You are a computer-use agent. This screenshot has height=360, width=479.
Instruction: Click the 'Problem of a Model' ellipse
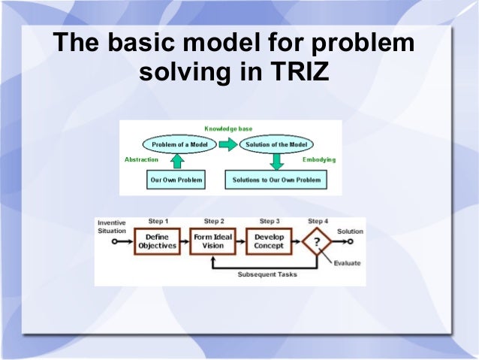click(x=176, y=144)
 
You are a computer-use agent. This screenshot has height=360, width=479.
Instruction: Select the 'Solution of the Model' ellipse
click(x=276, y=144)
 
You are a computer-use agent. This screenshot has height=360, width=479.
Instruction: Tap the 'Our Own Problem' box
click(x=176, y=180)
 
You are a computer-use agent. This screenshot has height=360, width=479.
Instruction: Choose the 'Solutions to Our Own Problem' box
click(x=276, y=180)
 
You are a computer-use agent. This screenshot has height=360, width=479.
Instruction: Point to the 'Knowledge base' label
click(x=228, y=129)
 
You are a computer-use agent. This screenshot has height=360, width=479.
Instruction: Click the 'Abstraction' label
click(x=141, y=160)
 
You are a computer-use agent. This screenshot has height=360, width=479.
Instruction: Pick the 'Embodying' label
click(x=319, y=160)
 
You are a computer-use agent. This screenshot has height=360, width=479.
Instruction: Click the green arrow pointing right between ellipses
click(x=227, y=144)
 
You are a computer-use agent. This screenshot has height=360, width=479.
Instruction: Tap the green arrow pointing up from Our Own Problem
click(x=176, y=161)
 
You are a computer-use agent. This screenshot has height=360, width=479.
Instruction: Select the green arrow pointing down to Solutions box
click(x=276, y=161)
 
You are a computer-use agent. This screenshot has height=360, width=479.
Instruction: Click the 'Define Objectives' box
click(x=157, y=241)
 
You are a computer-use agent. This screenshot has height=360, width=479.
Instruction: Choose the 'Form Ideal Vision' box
click(x=213, y=241)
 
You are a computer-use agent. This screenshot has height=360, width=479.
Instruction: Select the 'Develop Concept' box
click(x=269, y=241)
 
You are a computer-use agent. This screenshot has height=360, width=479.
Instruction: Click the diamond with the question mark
click(x=318, y=242)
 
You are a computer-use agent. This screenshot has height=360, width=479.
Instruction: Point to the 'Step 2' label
click(x=214, y=222)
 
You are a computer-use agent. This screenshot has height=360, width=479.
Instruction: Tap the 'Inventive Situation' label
click(x=112, y=226)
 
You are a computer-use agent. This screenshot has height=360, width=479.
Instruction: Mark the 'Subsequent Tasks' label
click(x=267, y=274)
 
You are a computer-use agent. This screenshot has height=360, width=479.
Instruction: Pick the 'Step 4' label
click(x=318, y=222)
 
